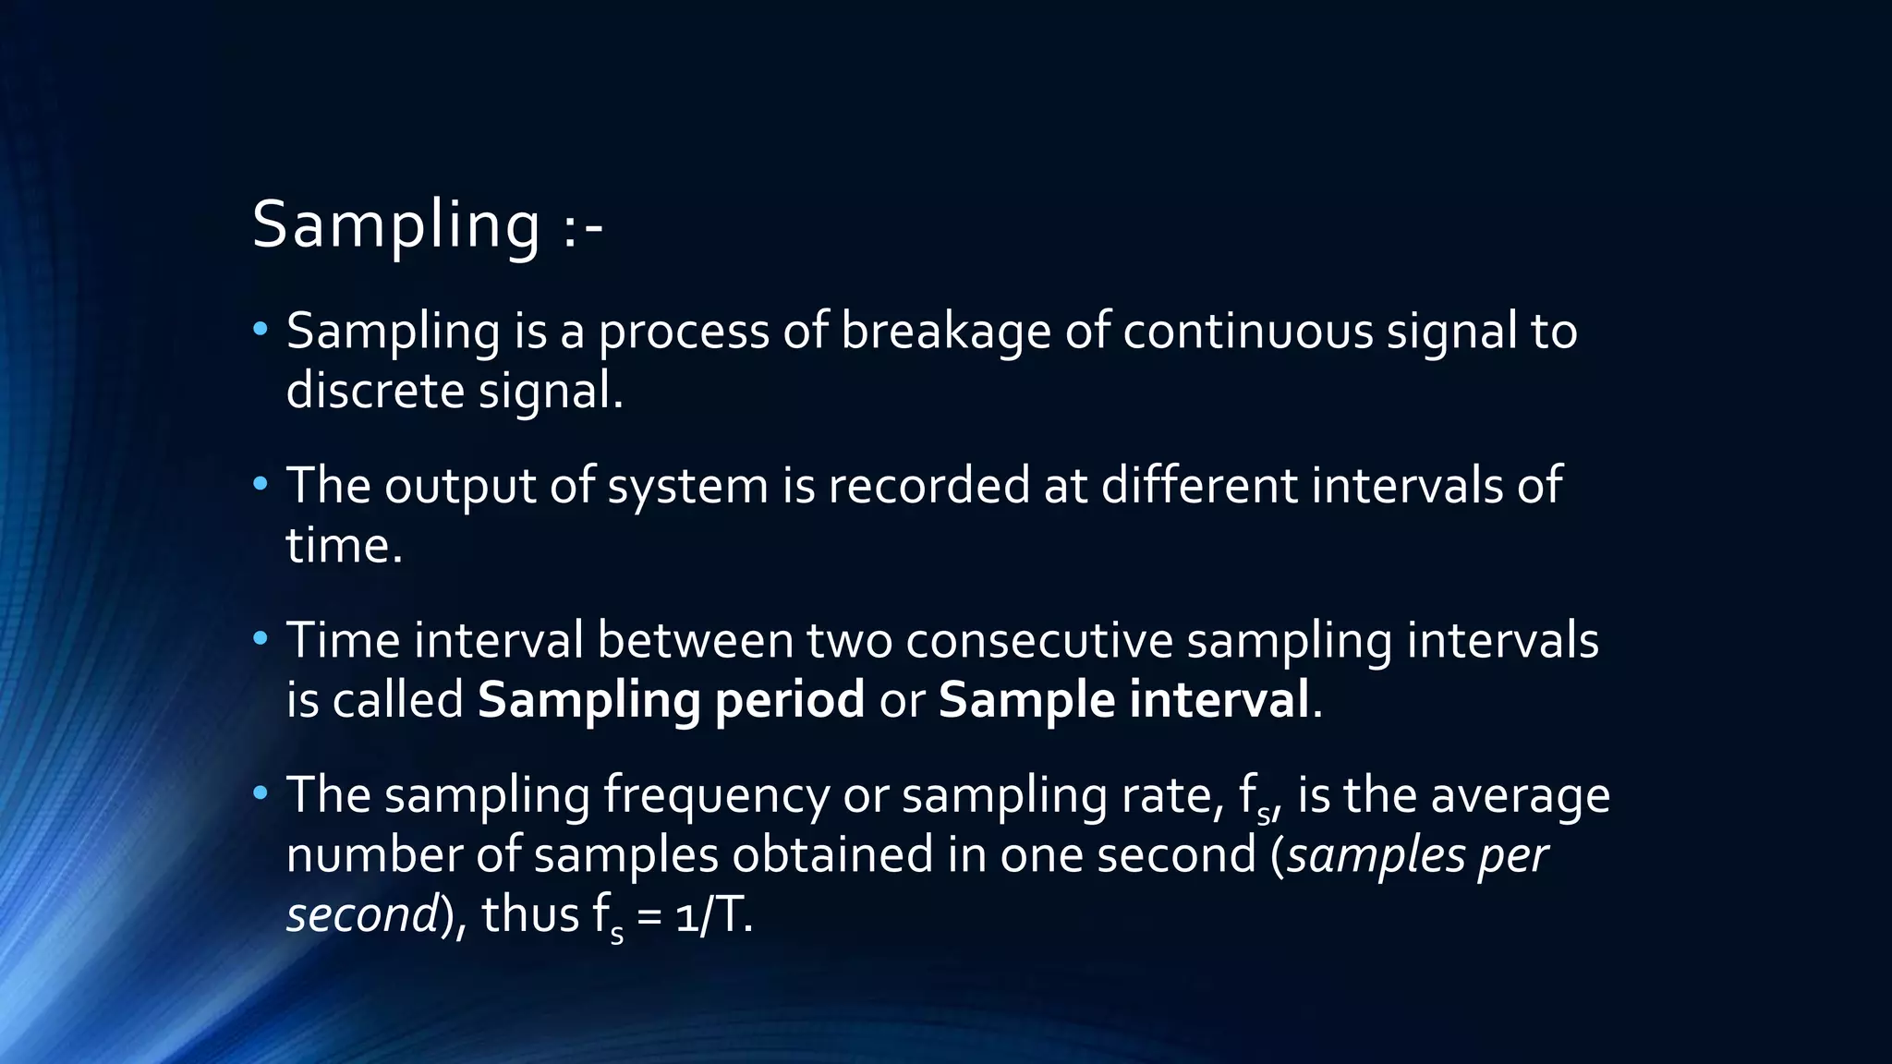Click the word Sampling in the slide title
coord(395,224)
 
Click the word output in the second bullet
coord(459,486)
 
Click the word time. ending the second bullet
coord(344,545)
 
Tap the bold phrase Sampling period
coord(671,699)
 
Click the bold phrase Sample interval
coord(1123,699)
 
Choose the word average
coord(1520,796)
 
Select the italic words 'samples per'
coord(1416,856)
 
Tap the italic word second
coord(361,914)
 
